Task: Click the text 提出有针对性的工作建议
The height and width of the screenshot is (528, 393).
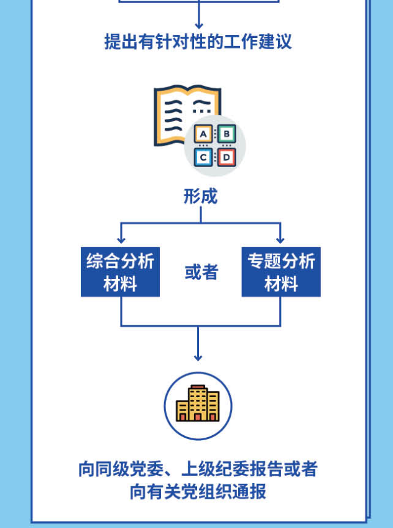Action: point(198,42)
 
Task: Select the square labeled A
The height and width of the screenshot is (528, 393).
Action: point(203,134)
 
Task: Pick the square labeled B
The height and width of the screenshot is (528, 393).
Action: point(226,133)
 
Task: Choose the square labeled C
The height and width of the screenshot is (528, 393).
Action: point(203,157)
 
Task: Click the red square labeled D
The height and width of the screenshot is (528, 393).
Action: point(226,157)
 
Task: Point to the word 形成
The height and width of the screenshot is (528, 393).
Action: point(200,197)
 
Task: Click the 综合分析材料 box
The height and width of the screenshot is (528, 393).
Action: point(120,272)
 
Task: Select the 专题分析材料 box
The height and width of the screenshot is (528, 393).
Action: point(281,272)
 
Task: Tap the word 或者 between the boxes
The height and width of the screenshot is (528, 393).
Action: point(200,272)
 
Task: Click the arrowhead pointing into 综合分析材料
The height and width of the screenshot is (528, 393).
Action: point(121,240)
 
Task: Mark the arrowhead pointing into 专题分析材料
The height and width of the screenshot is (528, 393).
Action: point(280,240)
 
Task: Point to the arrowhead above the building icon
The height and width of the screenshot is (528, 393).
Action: point(198,357)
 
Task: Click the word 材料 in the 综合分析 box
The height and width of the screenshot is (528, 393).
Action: point(120,284)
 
